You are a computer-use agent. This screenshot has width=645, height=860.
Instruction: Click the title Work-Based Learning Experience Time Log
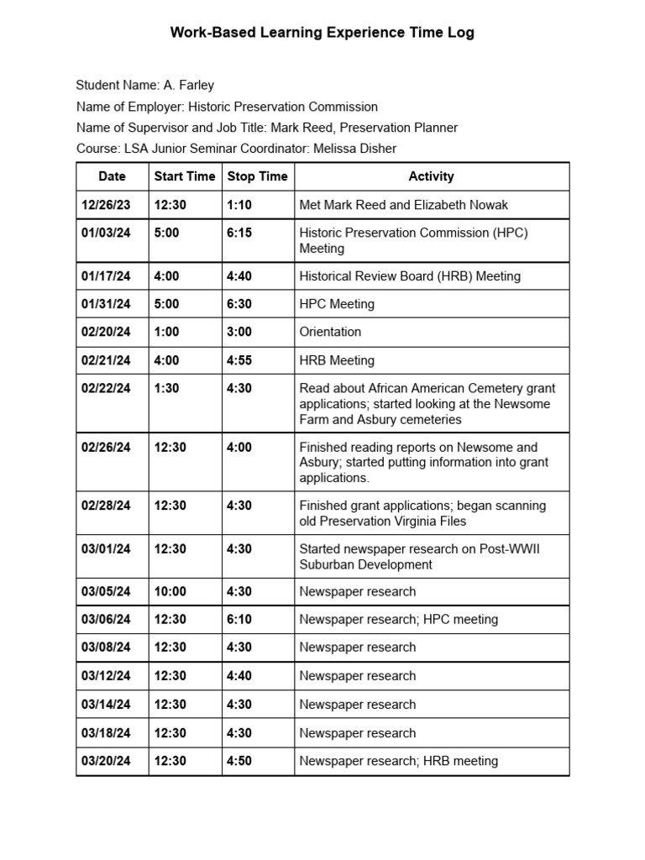pyautogui.click(x=322, y=33)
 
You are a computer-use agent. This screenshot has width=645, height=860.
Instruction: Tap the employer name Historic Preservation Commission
pyautogui.click(x=282, y=107)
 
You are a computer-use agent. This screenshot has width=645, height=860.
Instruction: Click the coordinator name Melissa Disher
pyautogui.click(x=354, y=149)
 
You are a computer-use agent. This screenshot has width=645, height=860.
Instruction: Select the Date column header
pyautogui.click(x=112, y=176)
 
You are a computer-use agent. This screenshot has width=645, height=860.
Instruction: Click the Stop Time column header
pyautogui.click(x=257, y=176)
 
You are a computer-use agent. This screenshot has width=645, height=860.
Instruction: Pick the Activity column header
pyautogui.click(x=431, y=176)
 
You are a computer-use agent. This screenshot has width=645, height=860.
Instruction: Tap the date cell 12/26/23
pyautogui.click(x=106, y=205)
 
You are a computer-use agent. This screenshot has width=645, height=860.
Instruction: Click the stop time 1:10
pyautogui.click(x=239, y=205)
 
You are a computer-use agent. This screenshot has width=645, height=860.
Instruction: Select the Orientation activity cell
pyautogui.click(x=330, y=332)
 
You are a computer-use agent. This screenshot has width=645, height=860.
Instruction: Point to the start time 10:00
pyautogui.click(x=170, y=591)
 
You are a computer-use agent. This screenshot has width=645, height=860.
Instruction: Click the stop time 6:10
pyautogui.click(x=239, y=620)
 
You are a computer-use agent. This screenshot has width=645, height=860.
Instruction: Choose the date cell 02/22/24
pyautogui.click(x=106, y=388)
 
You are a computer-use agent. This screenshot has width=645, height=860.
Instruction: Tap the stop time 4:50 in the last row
pyautogui.click(x=239, y=761)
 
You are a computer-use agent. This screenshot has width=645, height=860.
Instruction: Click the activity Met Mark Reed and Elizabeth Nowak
pyautogui.click(x=403, y=205)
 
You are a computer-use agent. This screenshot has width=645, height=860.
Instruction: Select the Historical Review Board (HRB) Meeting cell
pyautogui.click(x=410, y=276)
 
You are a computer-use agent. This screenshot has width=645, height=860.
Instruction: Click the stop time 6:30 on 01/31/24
pyautogui.click(x=239, y=304)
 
